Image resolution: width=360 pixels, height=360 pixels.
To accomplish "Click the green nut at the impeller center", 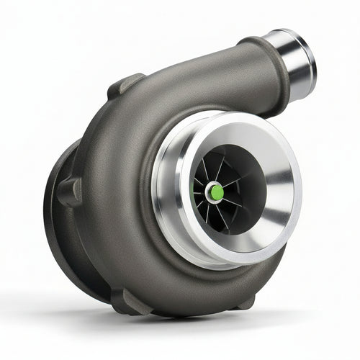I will pyautogui.click(x=215, y=192).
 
